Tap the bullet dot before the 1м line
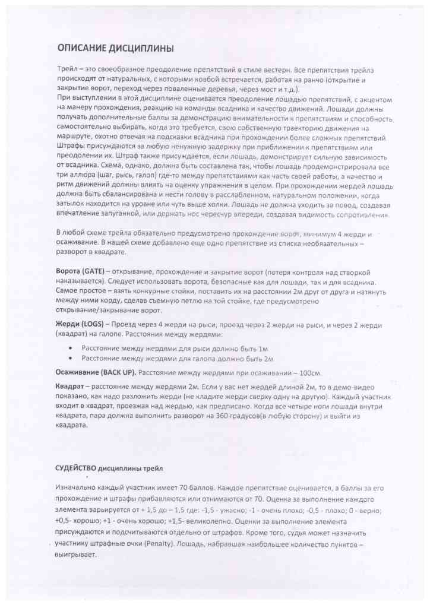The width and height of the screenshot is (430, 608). [x=72, y=348]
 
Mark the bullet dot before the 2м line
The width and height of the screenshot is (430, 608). [x=72, y=359]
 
